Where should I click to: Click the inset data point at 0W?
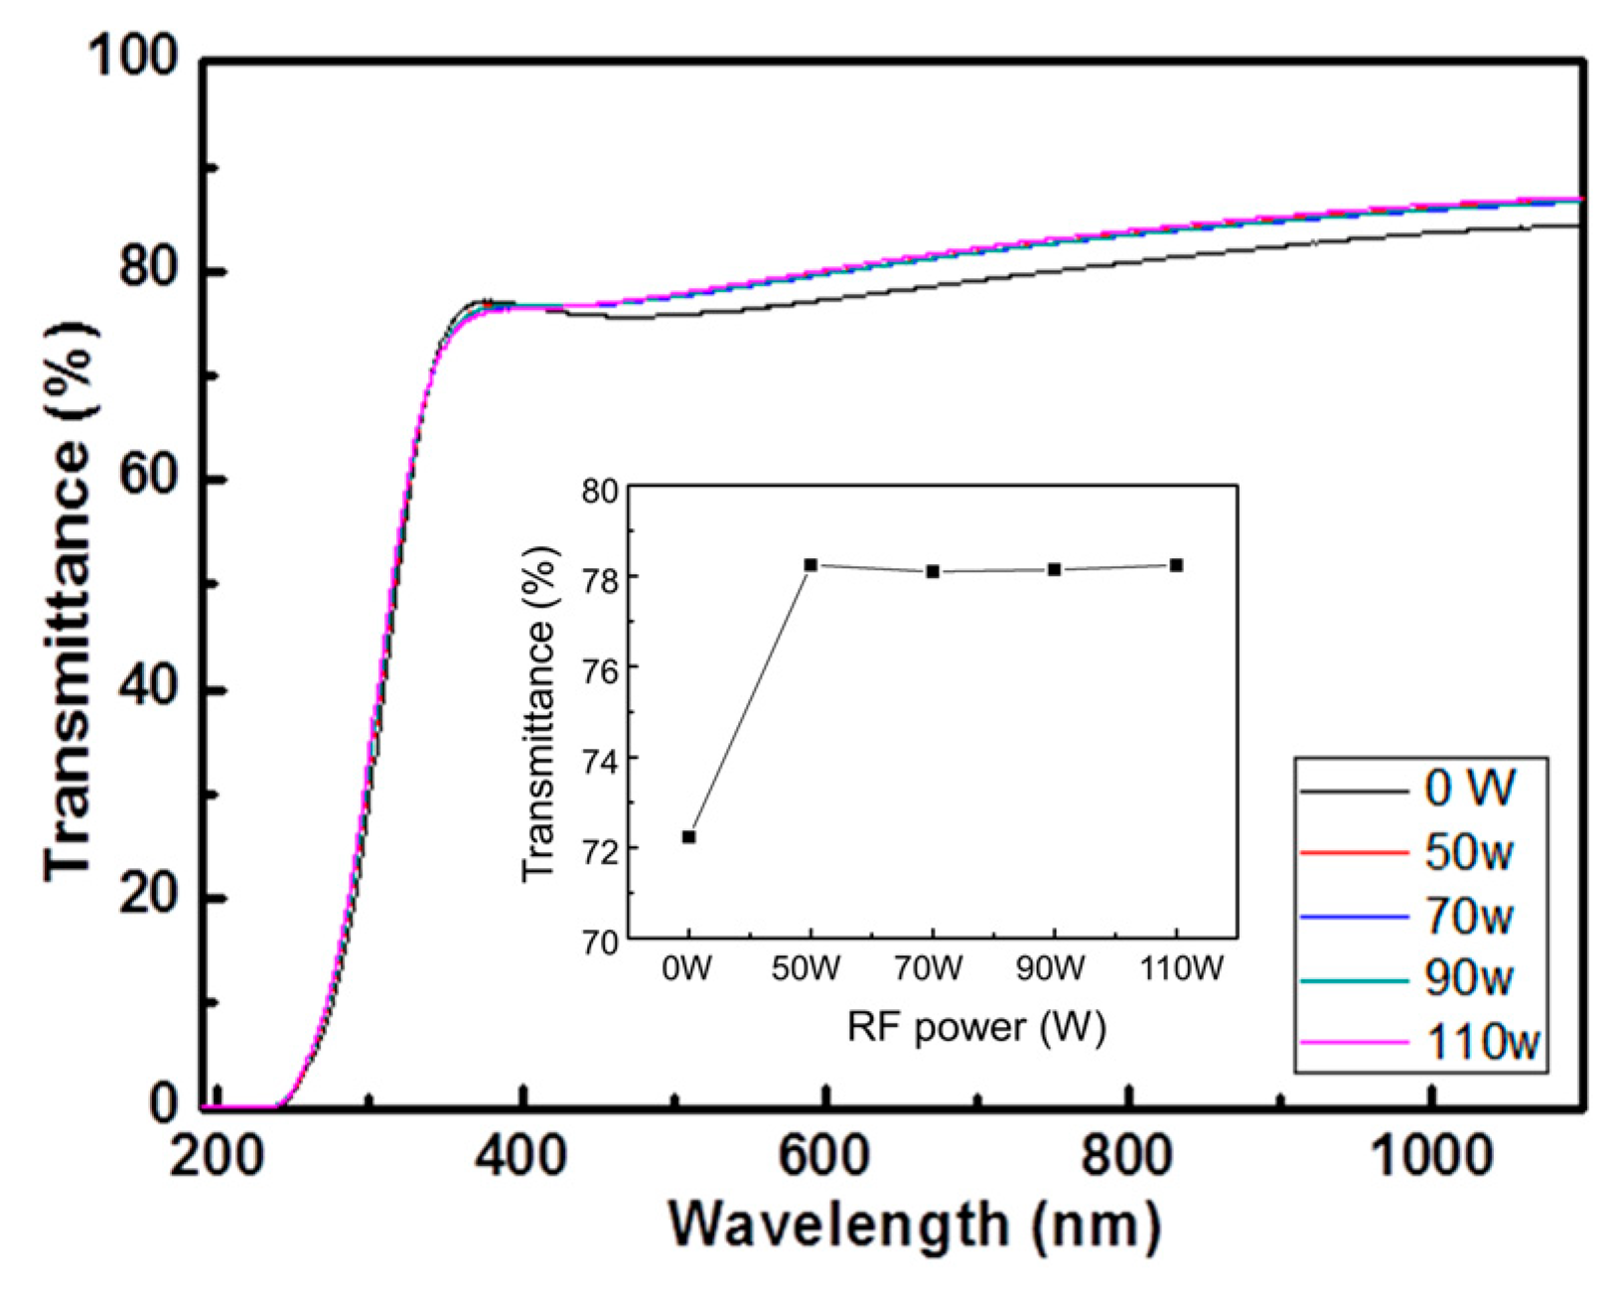click(x=688, y=836)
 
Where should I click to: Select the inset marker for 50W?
click(x=811, y=564)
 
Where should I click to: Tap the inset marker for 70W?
click(x=933, y=571)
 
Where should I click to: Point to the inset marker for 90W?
click(x=1054, y=569)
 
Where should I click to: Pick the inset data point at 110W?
click(x=1176, y=564)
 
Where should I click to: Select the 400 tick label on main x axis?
click(x=519, y=1158)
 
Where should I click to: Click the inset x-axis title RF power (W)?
click(x=976, y=1028)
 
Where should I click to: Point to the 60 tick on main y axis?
click(x=147, y=479)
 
